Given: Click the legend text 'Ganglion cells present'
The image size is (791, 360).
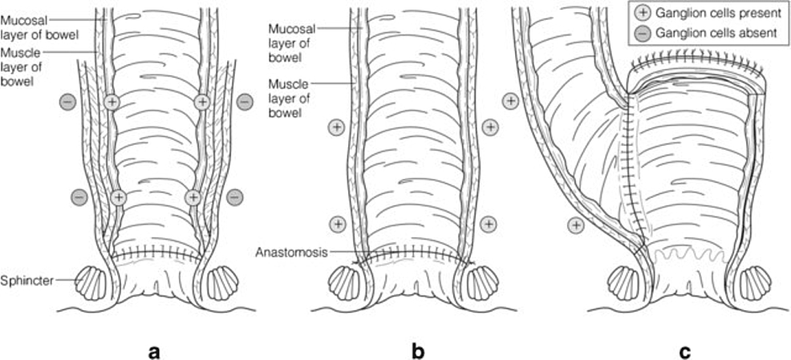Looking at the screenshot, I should (713, 14).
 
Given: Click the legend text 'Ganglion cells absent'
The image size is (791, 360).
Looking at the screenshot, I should (711, 33).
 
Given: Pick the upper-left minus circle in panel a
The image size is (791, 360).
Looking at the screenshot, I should (68, 102).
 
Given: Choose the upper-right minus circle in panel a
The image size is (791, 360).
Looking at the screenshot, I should (245, 102).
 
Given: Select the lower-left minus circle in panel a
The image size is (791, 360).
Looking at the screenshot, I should (79, 195).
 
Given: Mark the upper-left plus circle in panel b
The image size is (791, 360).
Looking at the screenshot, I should (337, 126).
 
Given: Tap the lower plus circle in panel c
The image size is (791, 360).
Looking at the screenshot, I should (574, 225).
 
